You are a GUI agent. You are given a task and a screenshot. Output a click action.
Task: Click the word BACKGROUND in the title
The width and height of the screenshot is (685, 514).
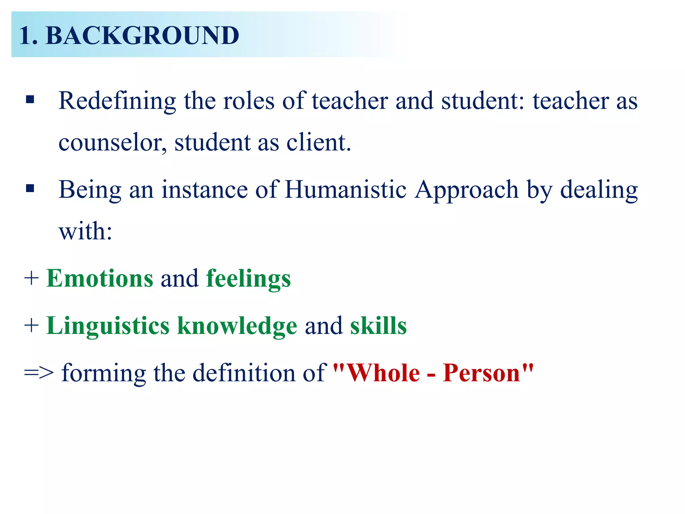(x=142, y=35)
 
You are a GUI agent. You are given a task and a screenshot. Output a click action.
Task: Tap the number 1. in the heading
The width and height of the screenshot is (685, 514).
(x=28, y=35)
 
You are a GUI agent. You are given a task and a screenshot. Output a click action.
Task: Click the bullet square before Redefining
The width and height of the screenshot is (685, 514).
(x=30, y=100)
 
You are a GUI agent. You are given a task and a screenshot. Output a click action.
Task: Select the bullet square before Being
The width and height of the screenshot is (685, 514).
(x=30, y=188)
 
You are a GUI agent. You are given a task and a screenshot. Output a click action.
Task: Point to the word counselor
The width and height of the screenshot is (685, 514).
(x=112, y=143)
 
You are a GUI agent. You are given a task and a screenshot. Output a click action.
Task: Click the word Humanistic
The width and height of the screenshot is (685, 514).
(x=346, y=190)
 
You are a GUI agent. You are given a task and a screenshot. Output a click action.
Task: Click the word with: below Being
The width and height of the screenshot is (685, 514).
(x=85, y=231)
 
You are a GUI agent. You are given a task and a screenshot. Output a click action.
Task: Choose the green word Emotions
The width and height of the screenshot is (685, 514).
(x=100, y=278)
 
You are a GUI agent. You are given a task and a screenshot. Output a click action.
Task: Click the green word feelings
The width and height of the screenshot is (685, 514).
(x=248, y=279)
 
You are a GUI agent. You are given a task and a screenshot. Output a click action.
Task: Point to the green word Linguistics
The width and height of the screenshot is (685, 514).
(x=108, y=326)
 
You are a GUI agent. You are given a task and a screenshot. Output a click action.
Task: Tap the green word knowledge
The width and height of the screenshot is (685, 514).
(x=237, y=326)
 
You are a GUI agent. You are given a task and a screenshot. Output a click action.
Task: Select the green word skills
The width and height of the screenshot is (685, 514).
(x=378, y=326)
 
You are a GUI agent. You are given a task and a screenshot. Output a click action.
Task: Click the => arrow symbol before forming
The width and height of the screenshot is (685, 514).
(x=39, y=373)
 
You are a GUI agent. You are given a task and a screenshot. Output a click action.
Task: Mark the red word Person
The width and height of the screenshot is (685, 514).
(x=482, y=373)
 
